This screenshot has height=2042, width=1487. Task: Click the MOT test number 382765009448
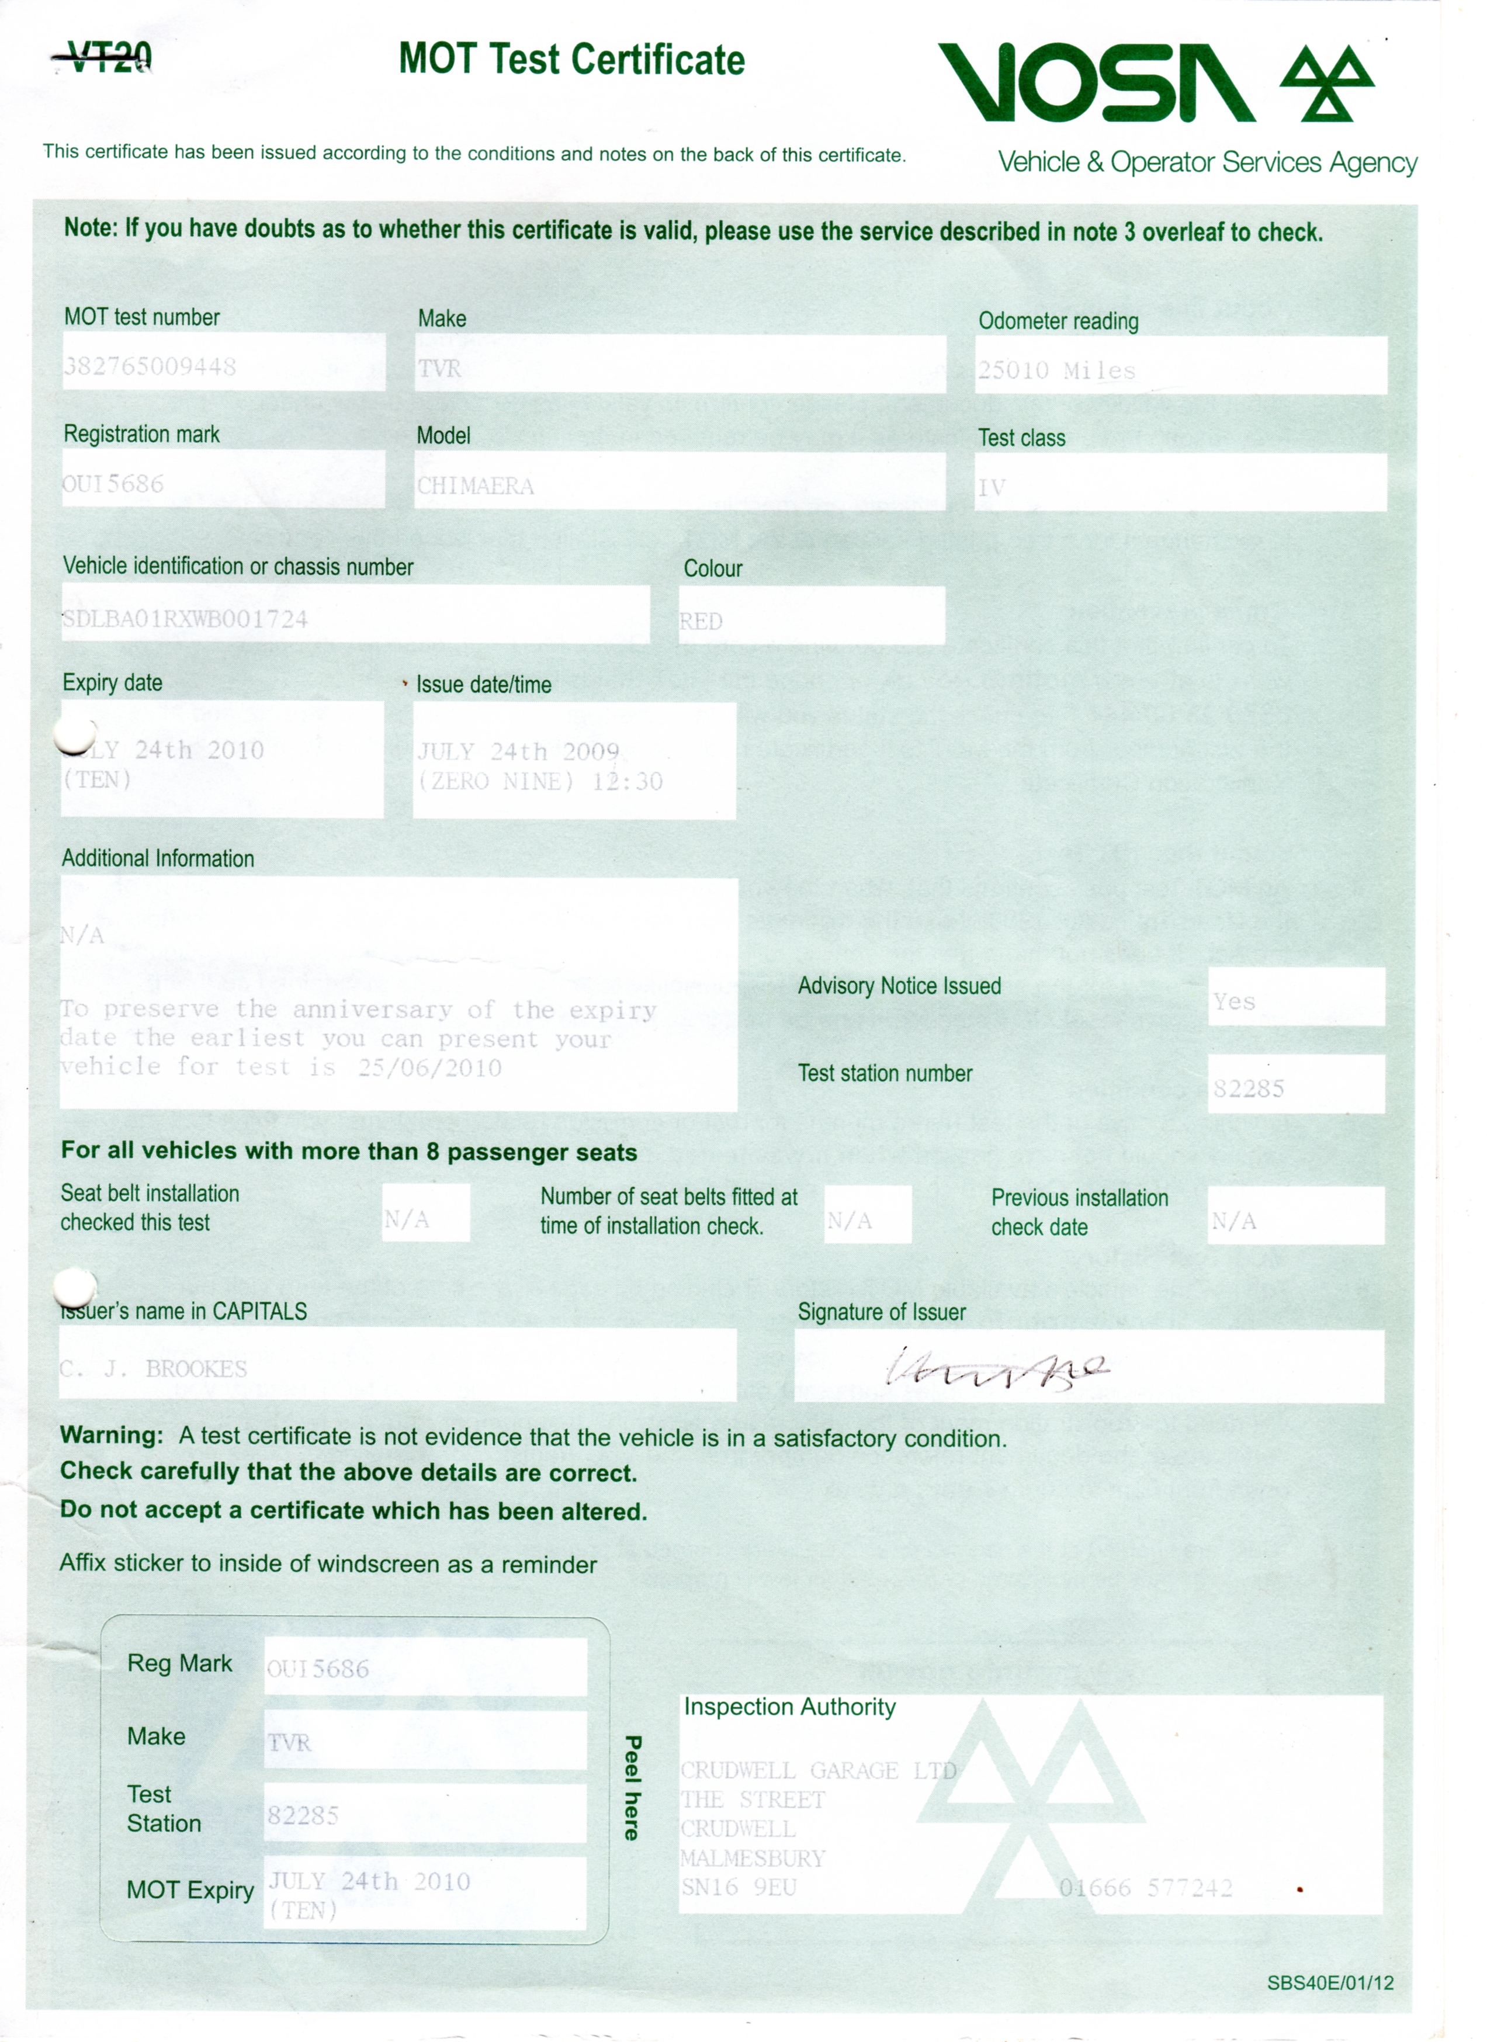click(150, 366)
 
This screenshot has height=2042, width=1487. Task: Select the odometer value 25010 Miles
click(1057, 370)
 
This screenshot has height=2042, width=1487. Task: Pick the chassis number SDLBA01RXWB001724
click(185, 619)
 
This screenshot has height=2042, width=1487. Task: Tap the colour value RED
click(701, 621)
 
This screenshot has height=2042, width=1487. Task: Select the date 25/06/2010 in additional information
click(430, 1068)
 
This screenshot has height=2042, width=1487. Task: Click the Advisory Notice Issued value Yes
click(1233, 1001)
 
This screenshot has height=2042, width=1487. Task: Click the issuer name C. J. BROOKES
click(153, 1368)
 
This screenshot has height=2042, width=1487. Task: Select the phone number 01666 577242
click(1145, 1888)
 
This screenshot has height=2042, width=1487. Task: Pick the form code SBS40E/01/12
click(1329, 1982)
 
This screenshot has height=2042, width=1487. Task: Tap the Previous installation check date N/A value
click(1233, 1221)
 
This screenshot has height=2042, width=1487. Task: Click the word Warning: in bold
click(112, 1435)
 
